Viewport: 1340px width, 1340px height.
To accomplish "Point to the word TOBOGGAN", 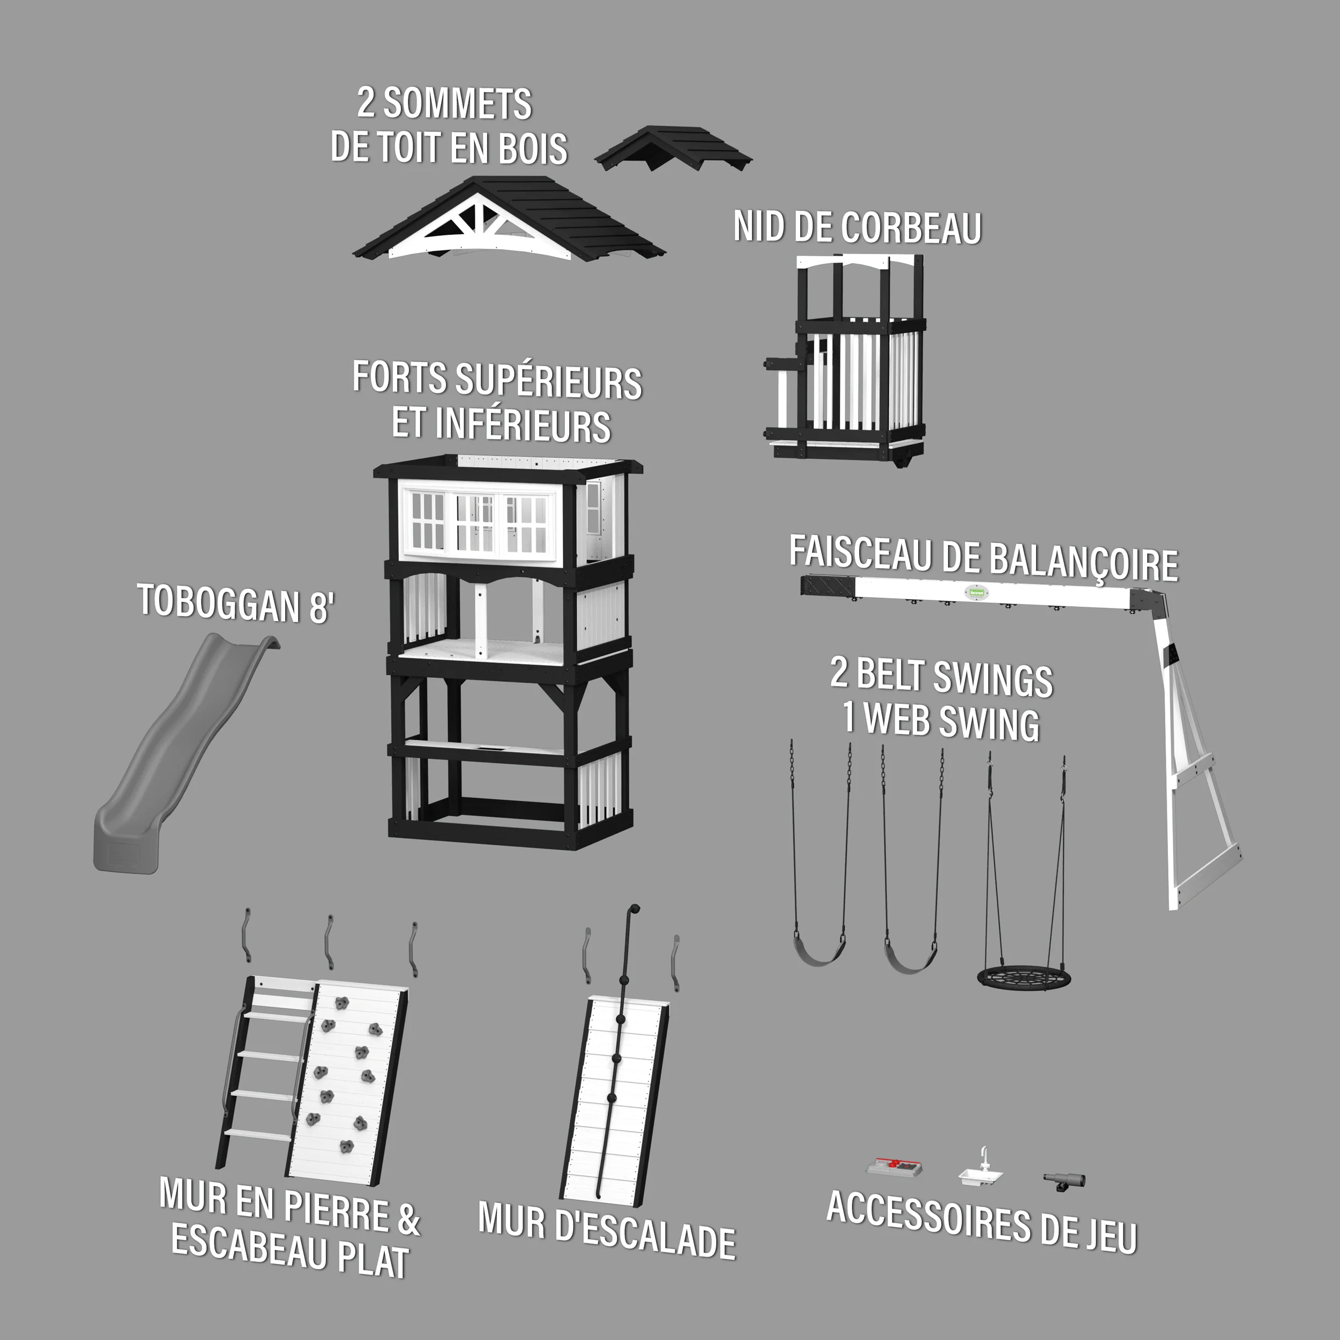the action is pyautogui.click(x=219, y=602).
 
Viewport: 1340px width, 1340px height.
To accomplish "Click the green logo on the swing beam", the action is pyautogui.click(x=977, y=592).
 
